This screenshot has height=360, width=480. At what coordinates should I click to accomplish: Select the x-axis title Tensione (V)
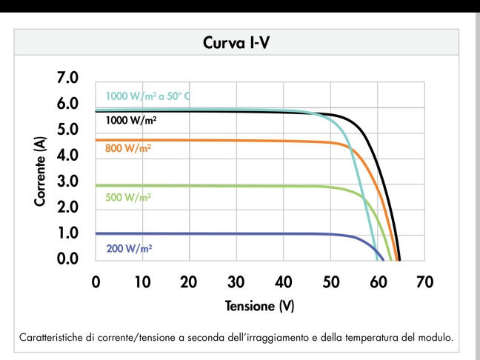coord(260,306)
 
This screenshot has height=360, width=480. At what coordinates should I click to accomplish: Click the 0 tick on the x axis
coord(96,282)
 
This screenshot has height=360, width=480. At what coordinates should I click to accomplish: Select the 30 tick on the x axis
coord(236,282)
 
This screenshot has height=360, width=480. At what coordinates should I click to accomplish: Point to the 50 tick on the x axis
coord(330,282)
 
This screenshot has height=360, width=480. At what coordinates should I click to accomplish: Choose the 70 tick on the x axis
coord(424,282)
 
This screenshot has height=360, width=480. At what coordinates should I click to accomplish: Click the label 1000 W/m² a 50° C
coord(149,96)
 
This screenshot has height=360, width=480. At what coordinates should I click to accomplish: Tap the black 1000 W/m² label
coord(131,119)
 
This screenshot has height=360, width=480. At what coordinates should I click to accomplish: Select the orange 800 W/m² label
coord(128,149)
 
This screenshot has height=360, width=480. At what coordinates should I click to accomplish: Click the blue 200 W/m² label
coord(129,248)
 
